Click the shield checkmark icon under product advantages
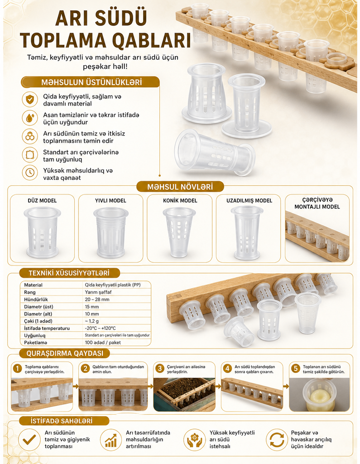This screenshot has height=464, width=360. (x=30, y=100)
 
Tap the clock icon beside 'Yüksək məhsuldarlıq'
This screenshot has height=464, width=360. (x=30, y=173)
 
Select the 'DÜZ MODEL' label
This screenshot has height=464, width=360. (x=42, y=201)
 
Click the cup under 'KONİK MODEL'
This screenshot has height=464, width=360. (x=179, y=232)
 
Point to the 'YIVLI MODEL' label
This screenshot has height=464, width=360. (x=110, y=201)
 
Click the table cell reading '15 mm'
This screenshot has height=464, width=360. (x=92, y=307)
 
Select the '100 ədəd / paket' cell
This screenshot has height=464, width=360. (x=103, y=343)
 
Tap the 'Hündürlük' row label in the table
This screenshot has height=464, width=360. (x=36, y=300)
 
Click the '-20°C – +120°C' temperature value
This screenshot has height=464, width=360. (x=100, y=328)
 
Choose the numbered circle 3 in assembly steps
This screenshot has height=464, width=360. (x=160, y=368)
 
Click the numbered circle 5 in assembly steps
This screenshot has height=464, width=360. (x=296, y=368)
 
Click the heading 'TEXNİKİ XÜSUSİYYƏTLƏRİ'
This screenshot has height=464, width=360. (x=69, y=273)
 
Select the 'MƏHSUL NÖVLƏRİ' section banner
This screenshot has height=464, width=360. (x=180, y=187)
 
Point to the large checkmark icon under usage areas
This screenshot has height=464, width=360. (x=29, y=440)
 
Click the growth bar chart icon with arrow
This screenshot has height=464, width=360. (x=111, y=440)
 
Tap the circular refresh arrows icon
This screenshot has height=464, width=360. (x=277, y=440)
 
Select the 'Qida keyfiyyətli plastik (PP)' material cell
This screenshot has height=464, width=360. (x=113, y=285)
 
